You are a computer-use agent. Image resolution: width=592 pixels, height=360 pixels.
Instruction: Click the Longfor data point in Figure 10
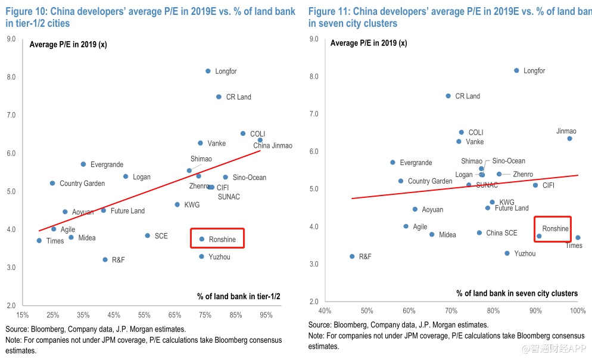pyautogui.click(x=208, y=71)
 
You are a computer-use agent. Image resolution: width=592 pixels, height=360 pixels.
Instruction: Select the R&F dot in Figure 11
pyautogui.click(x=352, y=256)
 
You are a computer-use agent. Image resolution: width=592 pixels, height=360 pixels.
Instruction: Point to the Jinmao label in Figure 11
pyautogui.click(x=566, y=131)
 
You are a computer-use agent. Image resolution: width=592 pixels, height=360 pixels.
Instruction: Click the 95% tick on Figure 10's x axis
pyautogui.click(x=266, y=315)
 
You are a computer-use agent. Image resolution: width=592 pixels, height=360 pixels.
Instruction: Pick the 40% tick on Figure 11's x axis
pyautogui.click(x=325, y=311)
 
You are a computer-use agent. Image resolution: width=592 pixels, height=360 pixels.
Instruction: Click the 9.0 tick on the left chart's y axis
pyautogui.click(x=11, y=39)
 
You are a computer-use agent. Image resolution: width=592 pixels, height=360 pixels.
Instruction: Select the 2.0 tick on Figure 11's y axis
pyautogui.click(x=314, y=302)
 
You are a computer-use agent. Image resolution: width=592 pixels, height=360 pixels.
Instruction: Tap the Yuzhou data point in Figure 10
pyautogui.click(x=201, y=256)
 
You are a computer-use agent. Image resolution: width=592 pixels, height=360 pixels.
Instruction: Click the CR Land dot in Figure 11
pyautogui.click(x=448, y=96)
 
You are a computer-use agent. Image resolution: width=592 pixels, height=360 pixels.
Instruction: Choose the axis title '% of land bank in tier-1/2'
pyautogui.click(x=238, y=296)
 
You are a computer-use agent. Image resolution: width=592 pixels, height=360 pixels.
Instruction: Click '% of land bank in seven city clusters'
pyautogui.click(x=517, y=293)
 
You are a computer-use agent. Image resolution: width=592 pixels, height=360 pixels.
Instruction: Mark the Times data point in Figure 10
pyautogui.click(x=39, y=241)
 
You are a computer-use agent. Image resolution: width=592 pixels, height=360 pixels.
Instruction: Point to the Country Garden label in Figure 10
pyautogui.click(x=82, y=184)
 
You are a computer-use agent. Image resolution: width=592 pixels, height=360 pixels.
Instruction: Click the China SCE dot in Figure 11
pyautogui.click(x=479, y=233)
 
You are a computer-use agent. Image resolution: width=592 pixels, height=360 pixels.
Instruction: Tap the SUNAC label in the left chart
pyautogui.click(x=229, y=197)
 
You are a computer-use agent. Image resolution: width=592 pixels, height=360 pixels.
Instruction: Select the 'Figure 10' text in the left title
pyautogui.click(x=26, y=11)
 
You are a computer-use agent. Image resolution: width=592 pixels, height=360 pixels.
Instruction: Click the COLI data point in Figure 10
pyautogui.click(x=242, y=134)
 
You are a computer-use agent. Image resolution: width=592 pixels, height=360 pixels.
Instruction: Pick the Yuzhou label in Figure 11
pyautogui.click(x=525, y=253)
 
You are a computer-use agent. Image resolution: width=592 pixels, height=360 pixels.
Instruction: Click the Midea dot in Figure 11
pyautogui.click(x=432, y=234)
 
